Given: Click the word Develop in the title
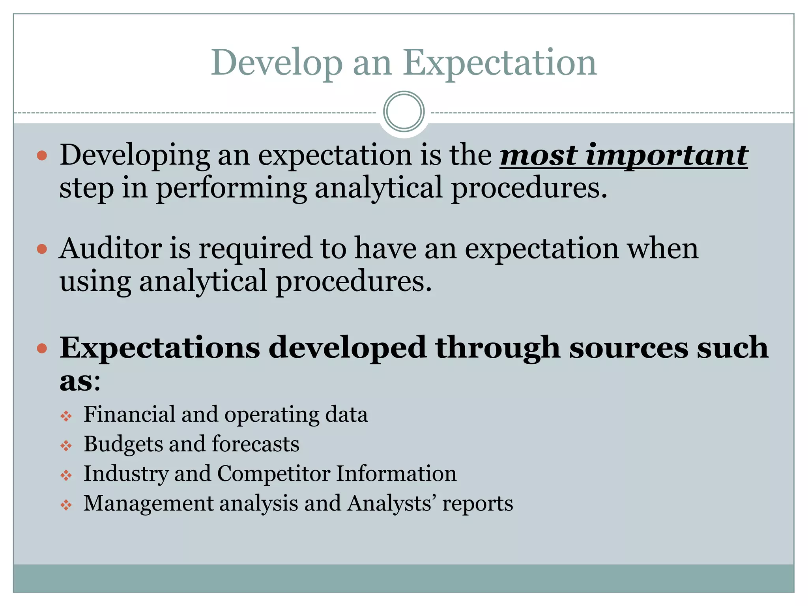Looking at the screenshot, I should coord(277,63).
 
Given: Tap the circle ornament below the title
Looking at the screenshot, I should coord(404,112).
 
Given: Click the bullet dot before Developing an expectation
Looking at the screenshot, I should coord(42,155).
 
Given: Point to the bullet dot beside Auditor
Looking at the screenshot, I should coord(42,249).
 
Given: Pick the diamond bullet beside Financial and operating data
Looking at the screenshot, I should coord(66,416).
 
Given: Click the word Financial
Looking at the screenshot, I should coord(129,414).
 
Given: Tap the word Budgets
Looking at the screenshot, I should coord(123,444).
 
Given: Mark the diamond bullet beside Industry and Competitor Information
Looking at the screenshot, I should coord(66,475).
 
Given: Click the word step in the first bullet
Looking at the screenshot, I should coord(86,188).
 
